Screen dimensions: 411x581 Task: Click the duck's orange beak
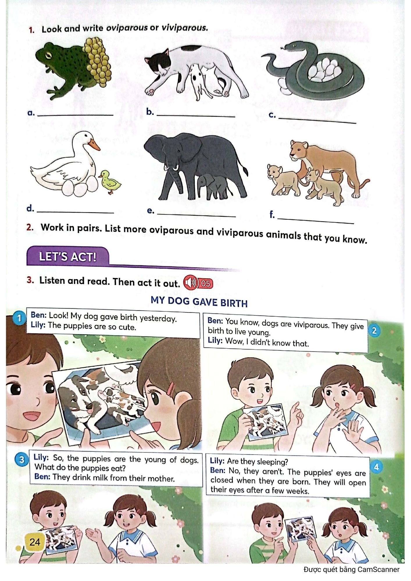point(94,144)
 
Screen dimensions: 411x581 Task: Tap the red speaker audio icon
point(191,282)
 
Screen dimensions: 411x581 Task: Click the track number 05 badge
point(205,283)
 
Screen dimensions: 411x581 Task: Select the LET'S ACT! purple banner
point(67,257)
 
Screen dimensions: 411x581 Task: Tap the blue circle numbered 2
point(374,331)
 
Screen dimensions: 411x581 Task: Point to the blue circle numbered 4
point(376,467)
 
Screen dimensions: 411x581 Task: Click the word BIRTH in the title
point(234,303)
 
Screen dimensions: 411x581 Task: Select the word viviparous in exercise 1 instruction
point(185,28)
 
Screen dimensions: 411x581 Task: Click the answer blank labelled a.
point(76,115)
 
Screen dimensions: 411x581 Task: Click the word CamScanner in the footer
point(378,569)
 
